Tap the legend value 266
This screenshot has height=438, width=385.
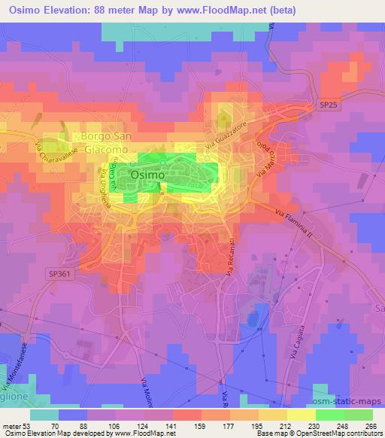click(x=371, y=425)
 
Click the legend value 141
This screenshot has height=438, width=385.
click(x=172, y=425)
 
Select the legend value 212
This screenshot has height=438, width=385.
click(x=286, y=425)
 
